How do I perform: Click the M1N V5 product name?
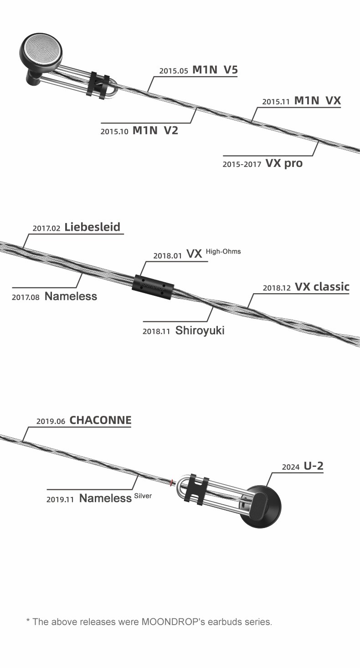[215, 70]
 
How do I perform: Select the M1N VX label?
[318, 101]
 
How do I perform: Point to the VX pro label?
[283, 163]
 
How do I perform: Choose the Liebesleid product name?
[93, 227]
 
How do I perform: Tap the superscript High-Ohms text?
[223, 251]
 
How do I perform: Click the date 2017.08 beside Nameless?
[26, 297]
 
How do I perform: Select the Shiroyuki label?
[200, 330]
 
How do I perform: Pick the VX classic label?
[322, 287]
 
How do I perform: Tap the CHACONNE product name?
[100, 420]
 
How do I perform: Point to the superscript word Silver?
[143, 496]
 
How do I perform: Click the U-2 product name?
[314, 466]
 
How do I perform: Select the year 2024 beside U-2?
[291, 467]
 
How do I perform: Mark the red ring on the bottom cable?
[172, 482]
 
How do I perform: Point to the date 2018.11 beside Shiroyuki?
[156, 331]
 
